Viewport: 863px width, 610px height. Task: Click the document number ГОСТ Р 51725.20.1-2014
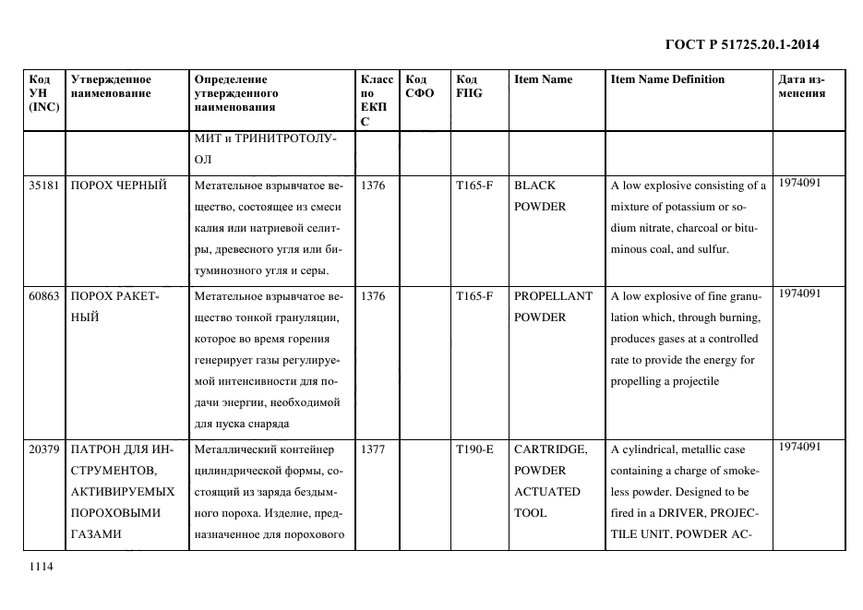point(742,43)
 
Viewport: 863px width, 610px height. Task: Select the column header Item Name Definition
point(667,79)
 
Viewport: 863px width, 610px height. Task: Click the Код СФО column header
point(419,86)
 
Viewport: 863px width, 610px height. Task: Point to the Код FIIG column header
point(469,86)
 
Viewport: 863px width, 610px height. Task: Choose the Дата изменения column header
point(801,86)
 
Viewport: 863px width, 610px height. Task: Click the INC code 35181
point(44,185)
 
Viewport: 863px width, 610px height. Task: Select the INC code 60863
point(44,296)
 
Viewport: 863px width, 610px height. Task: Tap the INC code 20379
point(44,449)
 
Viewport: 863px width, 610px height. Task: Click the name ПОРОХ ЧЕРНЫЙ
point(119,185)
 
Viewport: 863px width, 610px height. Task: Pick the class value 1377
point(373,449)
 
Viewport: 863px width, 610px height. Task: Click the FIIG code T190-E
point(474,449)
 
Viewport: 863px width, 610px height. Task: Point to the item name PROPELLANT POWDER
point(553,306)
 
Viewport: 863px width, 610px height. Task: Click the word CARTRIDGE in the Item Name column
point(550,449)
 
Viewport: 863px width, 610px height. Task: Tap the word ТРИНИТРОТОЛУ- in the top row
point(289,138)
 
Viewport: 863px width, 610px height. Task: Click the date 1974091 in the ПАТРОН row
point(799,447)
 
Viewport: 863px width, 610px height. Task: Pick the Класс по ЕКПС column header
point(378,100)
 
